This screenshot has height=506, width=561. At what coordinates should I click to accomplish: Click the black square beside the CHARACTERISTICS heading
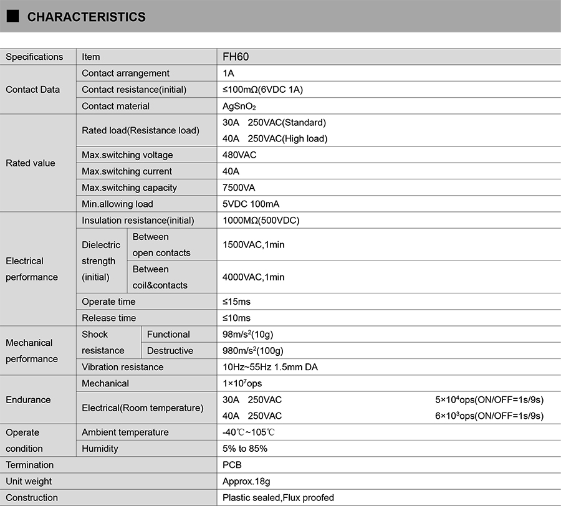point(13,17)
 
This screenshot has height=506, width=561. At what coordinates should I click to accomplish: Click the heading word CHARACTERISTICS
point(86,17)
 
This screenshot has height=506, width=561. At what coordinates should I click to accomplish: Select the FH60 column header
point(236,57)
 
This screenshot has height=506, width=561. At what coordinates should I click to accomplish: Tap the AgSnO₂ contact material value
point(239,107)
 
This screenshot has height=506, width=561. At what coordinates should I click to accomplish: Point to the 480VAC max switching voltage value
point(239,155)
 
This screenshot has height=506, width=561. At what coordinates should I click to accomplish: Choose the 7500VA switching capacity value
point(239,188)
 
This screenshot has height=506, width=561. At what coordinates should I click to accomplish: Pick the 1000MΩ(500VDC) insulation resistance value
point(261,221)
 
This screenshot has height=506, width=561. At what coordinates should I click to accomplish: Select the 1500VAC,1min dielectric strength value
point(253,245)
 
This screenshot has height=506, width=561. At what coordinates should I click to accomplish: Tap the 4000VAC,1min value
point(253,277)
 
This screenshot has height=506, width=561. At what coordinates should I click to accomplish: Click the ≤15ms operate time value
point(236,302)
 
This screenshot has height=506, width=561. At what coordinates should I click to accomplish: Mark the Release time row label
point(108,318)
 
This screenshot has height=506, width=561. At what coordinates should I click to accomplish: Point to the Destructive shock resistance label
point(170,351)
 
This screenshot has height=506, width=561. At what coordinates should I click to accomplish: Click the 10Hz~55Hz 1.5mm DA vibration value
point(270,367)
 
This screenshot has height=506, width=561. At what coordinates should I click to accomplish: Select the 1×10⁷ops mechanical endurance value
point(242,383)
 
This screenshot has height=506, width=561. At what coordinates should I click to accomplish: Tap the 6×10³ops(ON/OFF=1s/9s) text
point(489,416)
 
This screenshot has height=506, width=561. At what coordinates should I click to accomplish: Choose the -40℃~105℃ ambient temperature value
point(249,432)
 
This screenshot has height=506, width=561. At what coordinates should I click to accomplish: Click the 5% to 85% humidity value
point(245,449)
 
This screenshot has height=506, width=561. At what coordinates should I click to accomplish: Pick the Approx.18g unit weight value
point(246,481)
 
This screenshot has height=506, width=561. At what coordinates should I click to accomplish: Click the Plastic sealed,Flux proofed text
point(278,497)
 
